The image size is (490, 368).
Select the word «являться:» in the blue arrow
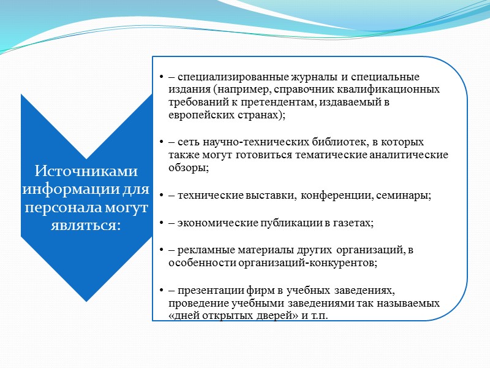86,226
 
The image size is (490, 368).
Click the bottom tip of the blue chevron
86,300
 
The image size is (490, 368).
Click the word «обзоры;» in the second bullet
185,167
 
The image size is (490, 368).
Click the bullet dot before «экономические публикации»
160,223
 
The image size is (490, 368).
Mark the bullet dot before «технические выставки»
160,195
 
